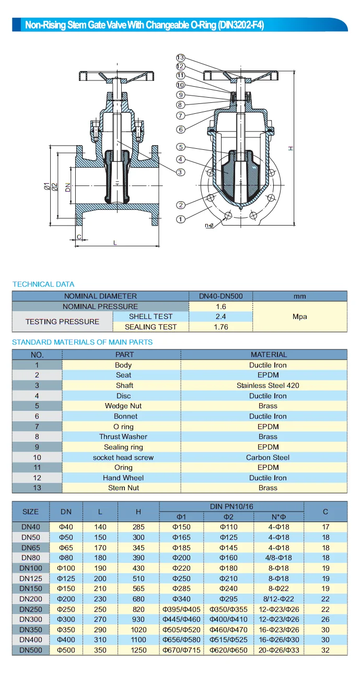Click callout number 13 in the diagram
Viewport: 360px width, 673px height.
tap(181, 57)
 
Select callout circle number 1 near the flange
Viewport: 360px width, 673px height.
tap(181, 219)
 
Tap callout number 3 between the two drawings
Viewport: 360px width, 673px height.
tap(180, 172)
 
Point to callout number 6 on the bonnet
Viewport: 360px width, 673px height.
tap(181, 129)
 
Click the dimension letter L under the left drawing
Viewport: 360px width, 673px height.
tap(115, 242)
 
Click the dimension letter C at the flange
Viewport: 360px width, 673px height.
tap(79, 237)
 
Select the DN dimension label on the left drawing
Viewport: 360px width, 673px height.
tap(68, 187)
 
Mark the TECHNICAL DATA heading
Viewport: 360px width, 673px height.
tap(43, 284)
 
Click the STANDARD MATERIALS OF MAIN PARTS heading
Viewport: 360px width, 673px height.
tap(82, 342)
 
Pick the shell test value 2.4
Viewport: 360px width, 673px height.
tap(220, 316)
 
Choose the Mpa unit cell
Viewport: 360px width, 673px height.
tap(299, 316)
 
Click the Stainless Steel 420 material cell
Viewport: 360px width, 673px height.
tap(268, 385)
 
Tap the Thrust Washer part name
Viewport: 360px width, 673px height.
tap(123, 436)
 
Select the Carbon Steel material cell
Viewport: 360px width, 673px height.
tap(268, 457)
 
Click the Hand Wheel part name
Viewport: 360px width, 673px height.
tap(123, 478)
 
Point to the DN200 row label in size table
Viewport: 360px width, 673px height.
tap(31, 599)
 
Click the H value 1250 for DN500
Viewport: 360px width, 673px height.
tap(138, 650)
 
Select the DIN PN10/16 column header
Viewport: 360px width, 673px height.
tap(231, 506)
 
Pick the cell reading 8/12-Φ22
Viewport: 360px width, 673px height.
tap(278, 599)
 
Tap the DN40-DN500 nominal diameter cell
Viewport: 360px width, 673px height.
tap(220, 296)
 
